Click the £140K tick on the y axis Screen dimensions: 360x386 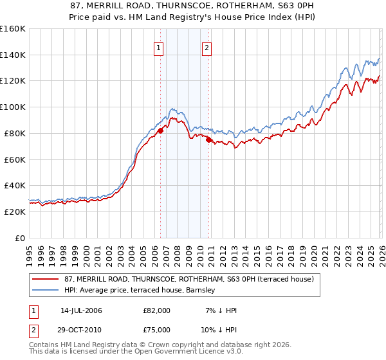(x=13, y=55)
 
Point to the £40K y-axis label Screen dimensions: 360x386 (x=13, y=186)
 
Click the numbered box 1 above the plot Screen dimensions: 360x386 (x=158, y=47)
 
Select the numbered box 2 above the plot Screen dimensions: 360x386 (x=207, y=47)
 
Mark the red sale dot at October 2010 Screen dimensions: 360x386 (x=209, y=139)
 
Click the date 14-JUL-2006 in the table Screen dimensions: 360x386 (x=81, y=310)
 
